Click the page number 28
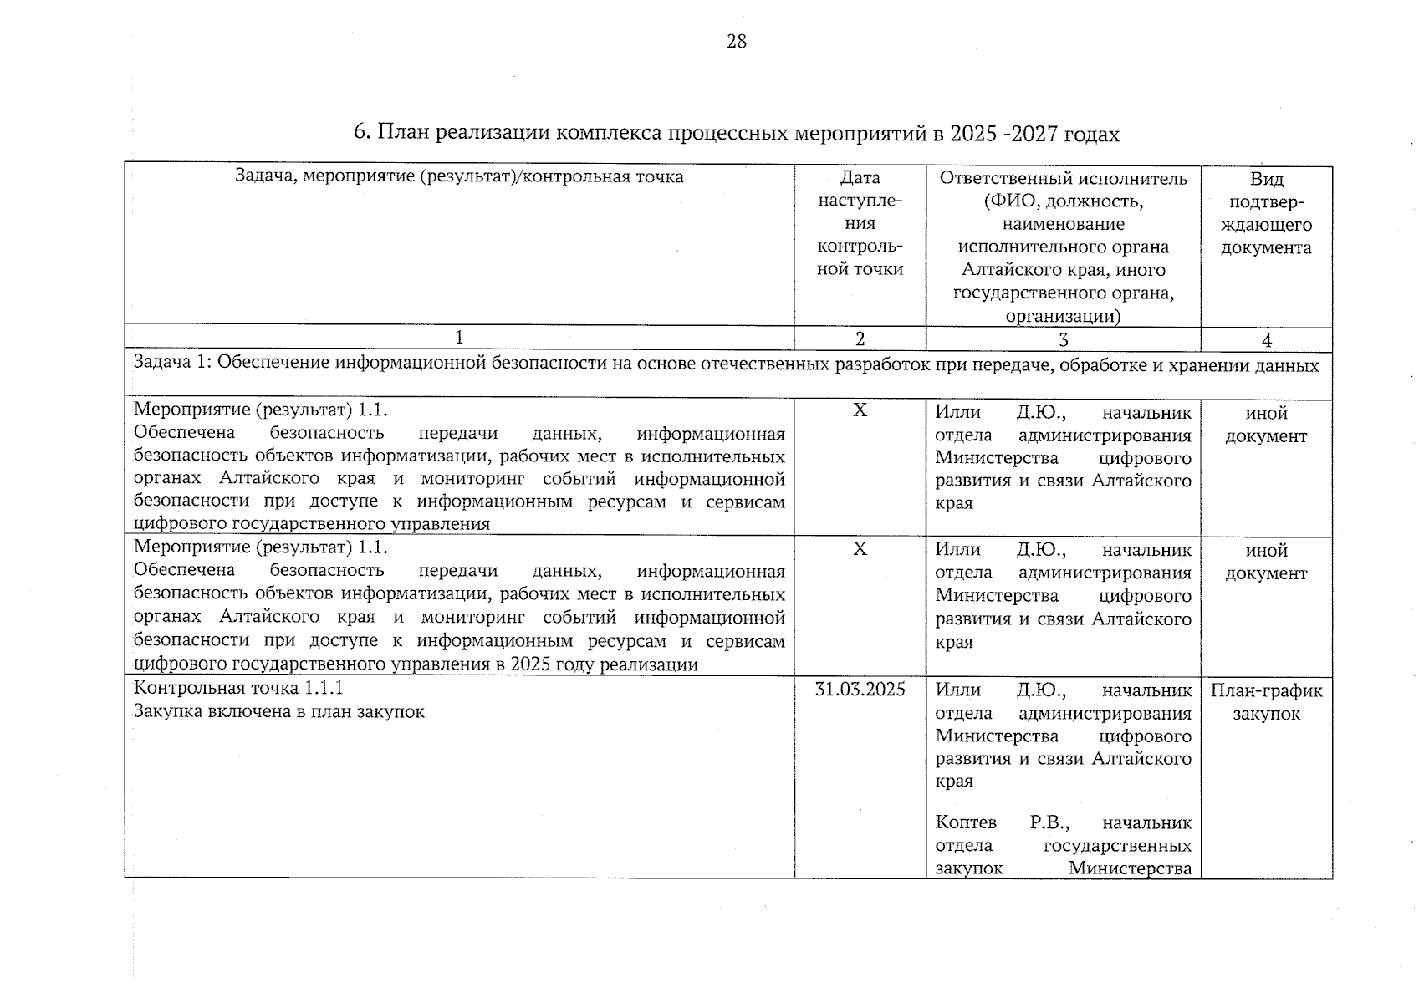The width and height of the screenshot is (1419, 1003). (736, 41)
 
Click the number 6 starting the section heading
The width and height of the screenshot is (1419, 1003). (360, 133)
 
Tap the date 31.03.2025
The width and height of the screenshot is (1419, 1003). (860, 690)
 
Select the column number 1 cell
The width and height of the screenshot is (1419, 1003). (458, 338)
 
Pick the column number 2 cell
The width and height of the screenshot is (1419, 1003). (860, 339)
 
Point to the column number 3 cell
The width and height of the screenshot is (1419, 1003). (1063, 339)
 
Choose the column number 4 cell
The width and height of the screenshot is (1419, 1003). (1266, 340)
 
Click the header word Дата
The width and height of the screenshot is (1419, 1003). (860, 178)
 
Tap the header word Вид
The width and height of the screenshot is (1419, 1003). (1266, 180)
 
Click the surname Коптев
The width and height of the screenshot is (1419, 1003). (966, 822)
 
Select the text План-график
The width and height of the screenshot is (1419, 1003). (1266, 690)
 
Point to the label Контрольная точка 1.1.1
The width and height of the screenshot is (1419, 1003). (238, 688)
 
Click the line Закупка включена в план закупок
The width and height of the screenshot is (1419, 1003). (279, 711)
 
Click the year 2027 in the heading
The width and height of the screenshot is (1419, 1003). (1034, 134)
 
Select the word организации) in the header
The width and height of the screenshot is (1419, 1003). (1063, 316)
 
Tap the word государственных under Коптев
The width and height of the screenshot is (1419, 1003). (1117, 845)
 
